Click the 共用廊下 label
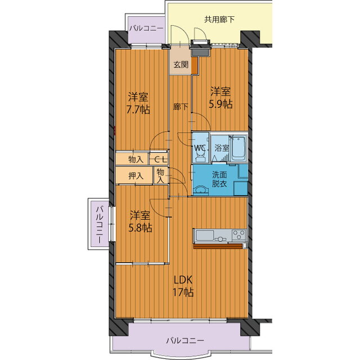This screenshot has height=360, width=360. pos(219,20)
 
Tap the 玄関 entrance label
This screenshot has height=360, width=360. pos(181,65)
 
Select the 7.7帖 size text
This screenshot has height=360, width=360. pos(138,110)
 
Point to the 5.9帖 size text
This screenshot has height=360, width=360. pos(220,104)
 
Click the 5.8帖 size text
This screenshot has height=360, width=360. pos(140,228)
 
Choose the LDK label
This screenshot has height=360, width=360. pos(183,280)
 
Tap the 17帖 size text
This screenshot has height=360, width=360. pos(183,292)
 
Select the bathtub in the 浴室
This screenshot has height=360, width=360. pos(238,148)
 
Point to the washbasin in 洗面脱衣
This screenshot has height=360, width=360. pos(201,191)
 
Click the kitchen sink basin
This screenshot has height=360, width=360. pos(204,236)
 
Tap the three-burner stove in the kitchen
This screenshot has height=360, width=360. pos(238,235)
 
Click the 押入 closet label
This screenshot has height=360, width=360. pos(136,176)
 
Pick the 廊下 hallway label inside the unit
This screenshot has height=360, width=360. pos(181,106)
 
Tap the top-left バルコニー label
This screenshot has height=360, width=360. pos(146,29)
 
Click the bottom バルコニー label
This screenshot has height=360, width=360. pos(185,340)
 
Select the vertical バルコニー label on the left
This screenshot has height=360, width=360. pos(99,225)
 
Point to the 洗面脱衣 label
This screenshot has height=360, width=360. pos(219,179)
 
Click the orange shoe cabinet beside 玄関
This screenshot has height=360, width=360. pos(195,65)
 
